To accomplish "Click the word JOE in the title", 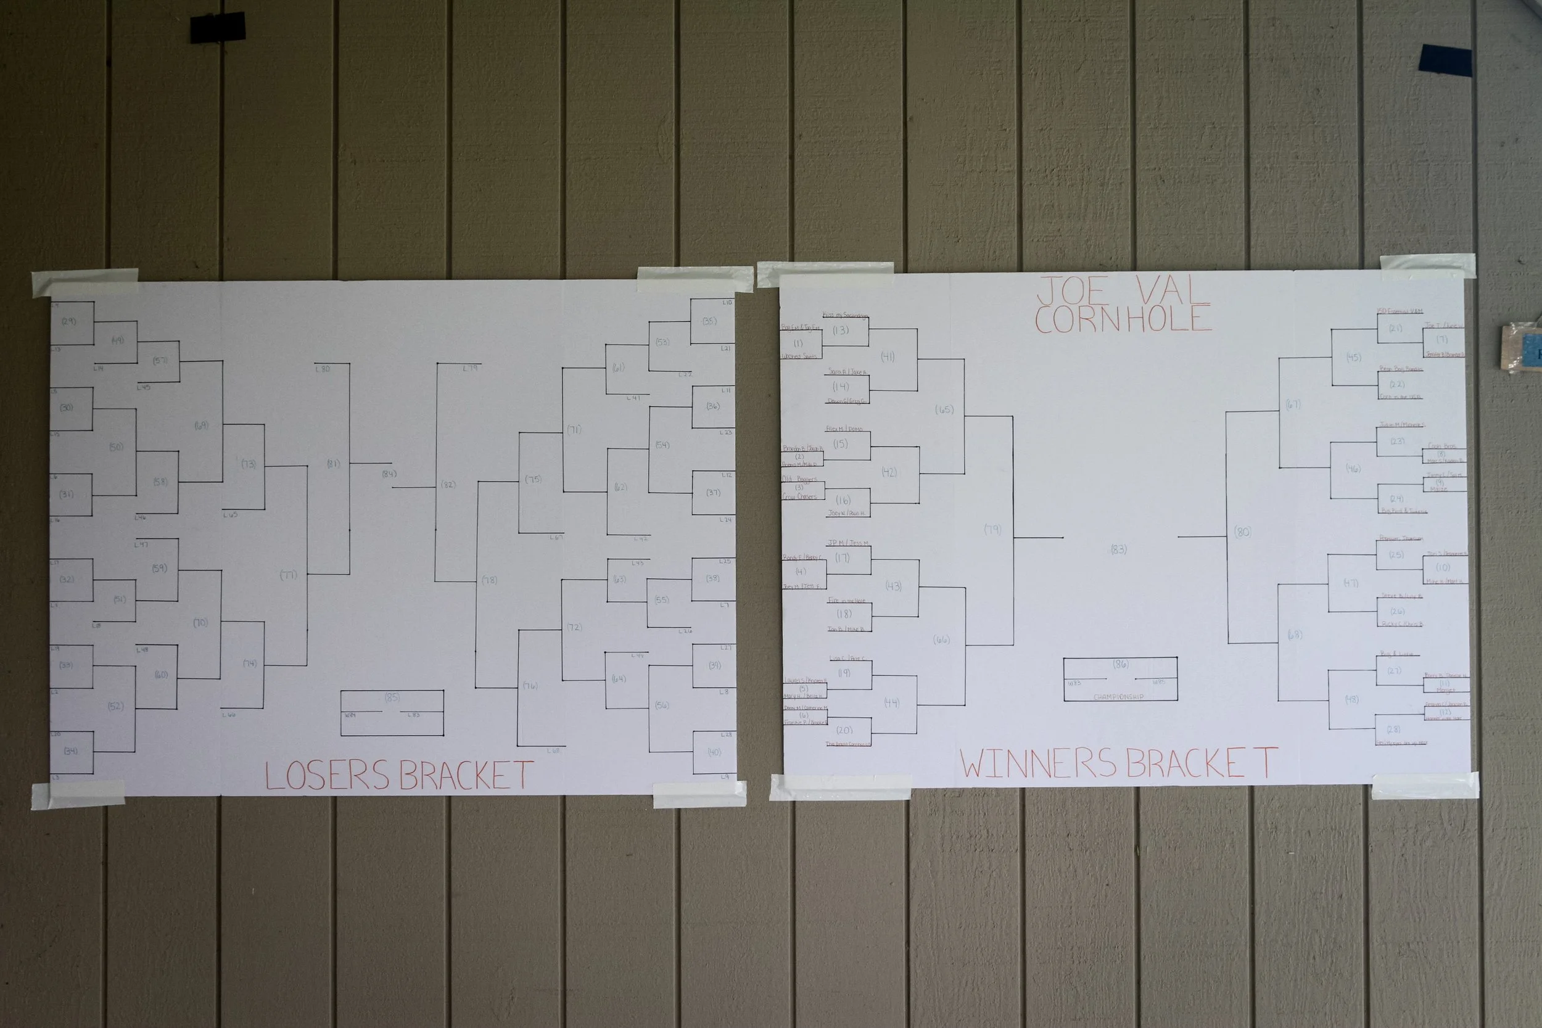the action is click(x=1074, y=292).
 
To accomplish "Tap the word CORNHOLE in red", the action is click(x=1123, y=319).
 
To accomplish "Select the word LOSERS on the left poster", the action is click(x=327, y=776).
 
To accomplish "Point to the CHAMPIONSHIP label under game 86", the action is click(x=1118, y=697).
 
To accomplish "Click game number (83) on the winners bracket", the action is click(x=1118, y=549).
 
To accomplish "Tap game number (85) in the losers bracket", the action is click(x=392, y=697).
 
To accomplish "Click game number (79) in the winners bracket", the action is click(x=992, y=530).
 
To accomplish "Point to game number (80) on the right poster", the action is click(x=1242, y=532).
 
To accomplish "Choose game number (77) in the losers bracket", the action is click(x=289, y=575).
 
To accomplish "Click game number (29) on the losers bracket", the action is click(x=69, y=321).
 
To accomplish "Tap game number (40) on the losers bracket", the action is click(x=714, y=752).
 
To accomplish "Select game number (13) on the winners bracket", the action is click(x=841, y=331).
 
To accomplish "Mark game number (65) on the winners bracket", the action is click(x=944, y=409).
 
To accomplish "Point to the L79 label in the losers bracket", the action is click(x=470, y=368).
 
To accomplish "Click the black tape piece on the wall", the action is click(x=218, y=28).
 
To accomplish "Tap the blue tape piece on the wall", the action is click(x=1445, y=60).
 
